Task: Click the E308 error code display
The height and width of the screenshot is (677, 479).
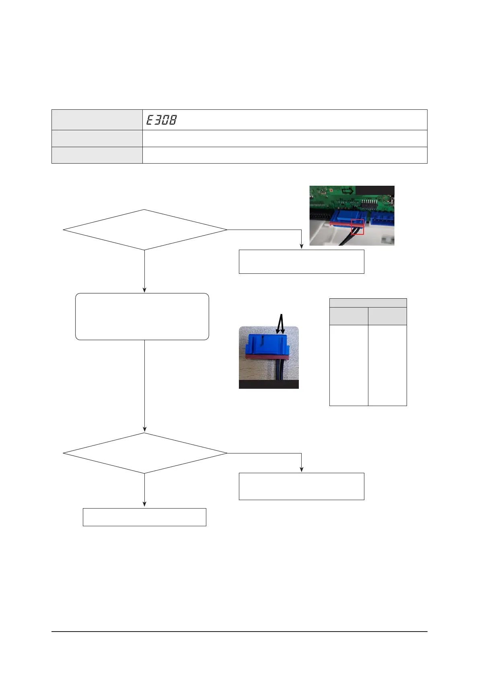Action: click(x=161, y=120)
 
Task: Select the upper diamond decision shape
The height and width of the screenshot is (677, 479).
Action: click(x=145, y=230)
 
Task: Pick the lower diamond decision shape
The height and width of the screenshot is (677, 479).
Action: click(x=145, y=453)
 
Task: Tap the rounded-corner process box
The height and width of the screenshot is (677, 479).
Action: click(x=142, y=316)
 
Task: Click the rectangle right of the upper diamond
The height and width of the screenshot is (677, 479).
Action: click(x=301, y=262)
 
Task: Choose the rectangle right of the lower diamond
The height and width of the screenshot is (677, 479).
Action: click(x=301, y=486)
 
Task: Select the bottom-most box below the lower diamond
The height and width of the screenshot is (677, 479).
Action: click(x=144, y=517)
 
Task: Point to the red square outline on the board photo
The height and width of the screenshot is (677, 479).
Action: click(x=357, y=227)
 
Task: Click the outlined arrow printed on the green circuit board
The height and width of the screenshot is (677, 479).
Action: click(x=347, y=191)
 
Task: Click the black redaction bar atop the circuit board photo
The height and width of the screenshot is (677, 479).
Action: click(x=375, y=190)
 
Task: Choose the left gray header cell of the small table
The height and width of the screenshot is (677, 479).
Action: click(x=348, y=316)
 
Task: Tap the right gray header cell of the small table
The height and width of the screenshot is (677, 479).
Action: click(x=387, y=316)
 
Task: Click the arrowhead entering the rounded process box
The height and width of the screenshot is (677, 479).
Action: click(x=144, y=290)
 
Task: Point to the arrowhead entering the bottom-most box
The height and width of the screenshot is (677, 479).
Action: click(x=144, y=505)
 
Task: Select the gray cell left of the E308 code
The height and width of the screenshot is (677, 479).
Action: click(x=97, y=120)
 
